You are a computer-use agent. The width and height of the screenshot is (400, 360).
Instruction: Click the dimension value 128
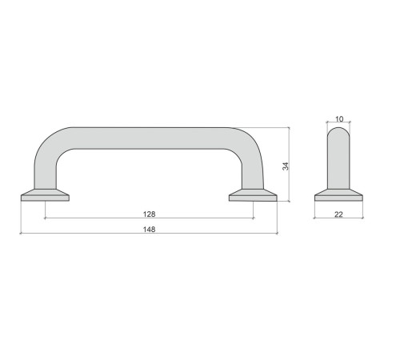149,214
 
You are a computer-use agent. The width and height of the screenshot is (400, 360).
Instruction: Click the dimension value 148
149,230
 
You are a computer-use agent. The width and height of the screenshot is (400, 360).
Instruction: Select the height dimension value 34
286,166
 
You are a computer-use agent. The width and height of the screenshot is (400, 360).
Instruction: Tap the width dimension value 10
339,119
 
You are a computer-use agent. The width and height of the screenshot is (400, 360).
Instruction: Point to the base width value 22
338,214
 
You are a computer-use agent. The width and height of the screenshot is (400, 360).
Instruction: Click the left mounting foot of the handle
45,195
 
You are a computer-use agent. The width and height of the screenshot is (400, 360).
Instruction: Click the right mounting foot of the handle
253,195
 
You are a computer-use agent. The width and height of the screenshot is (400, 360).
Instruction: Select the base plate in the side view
338,195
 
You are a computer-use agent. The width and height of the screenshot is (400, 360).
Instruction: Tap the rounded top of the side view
338,130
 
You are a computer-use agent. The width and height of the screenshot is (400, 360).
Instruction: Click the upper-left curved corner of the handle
50,142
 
